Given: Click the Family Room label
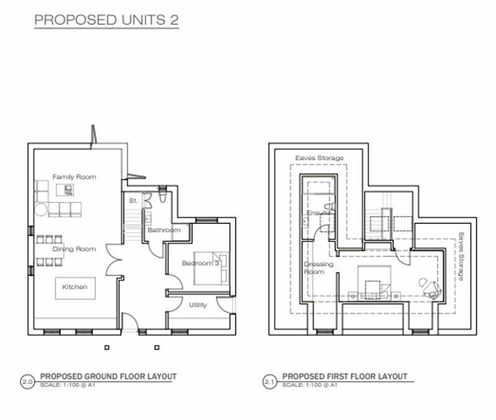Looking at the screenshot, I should [74, 177].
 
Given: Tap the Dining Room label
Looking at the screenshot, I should [74, 249].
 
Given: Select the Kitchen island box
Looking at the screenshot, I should [74, 287].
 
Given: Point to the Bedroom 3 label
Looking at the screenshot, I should [200, 263].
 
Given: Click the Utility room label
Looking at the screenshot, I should [198, 305].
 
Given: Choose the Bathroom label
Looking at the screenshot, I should [164, 230].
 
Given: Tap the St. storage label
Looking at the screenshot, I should [133, 201].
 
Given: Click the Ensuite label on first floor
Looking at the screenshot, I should [317, 213].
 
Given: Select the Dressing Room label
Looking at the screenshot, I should [319, 268].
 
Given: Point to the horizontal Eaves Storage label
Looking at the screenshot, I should [319, 159].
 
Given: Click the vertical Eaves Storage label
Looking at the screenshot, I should [461, 257].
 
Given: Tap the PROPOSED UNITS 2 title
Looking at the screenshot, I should [107, 20].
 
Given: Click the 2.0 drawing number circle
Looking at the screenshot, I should [27, 382].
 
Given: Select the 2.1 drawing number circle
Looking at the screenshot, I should [270, 382].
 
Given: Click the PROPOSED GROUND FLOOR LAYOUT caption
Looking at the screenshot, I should [108, 377].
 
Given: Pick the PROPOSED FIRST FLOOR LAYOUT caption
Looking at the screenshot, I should [345, 377].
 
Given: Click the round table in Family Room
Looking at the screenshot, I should [42, 208].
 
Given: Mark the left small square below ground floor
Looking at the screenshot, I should [107, 348].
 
